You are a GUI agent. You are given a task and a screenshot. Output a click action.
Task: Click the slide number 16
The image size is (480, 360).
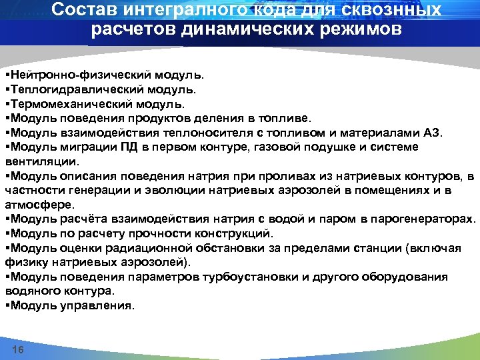tap(18, 351)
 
